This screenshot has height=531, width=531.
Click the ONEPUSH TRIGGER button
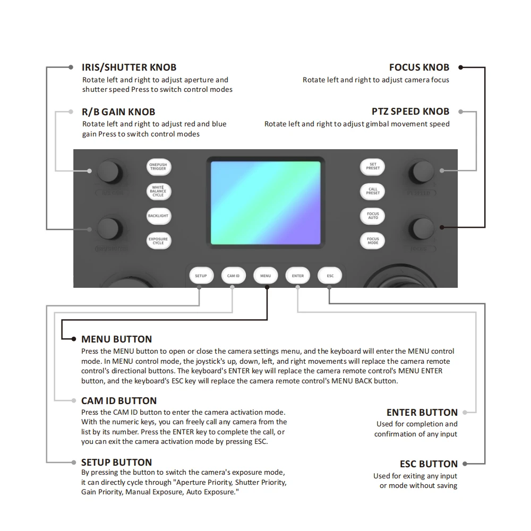point(158,167)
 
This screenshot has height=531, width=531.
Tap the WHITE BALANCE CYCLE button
point(158,191)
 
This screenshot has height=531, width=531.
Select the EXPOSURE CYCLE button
point(158,241)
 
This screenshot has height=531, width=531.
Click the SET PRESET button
point(373,167)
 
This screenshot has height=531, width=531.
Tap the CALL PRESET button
point(373,191)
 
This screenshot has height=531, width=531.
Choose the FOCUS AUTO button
point(373,216)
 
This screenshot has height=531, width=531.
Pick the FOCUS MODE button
point(373,241)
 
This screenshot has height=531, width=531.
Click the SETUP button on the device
point(201,276)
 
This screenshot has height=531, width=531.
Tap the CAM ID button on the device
point(233,276)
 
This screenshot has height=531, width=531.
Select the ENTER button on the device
point(298,276)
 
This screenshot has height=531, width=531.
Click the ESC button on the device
point(330,276)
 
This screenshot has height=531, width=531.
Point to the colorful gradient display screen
point(265,203)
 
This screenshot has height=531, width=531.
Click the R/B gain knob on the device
point(109,171)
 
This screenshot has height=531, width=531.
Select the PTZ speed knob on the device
point(422,171)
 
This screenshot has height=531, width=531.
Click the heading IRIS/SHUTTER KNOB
point(129,67)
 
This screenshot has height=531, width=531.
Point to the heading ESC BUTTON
point(429,464)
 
